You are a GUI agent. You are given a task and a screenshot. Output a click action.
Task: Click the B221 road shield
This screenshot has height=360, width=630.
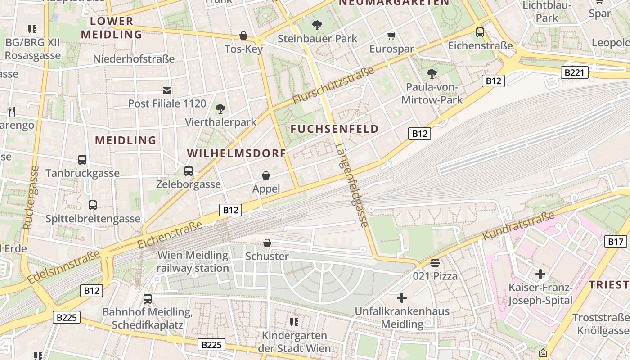pos(575,72)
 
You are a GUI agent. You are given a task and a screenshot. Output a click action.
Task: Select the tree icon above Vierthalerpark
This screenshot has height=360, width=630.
pos(220,108)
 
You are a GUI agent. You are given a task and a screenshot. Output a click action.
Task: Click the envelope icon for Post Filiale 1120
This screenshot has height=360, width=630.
pos(167,91)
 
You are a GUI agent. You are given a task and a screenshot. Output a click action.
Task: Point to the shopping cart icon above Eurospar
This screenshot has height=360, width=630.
pos(391,36)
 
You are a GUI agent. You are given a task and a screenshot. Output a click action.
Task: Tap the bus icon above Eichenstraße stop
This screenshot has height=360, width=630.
pos(480,32)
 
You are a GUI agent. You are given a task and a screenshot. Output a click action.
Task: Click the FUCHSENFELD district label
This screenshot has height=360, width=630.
pos(334,129)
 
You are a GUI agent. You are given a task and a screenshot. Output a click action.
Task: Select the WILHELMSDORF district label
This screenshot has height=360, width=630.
pos(237,153)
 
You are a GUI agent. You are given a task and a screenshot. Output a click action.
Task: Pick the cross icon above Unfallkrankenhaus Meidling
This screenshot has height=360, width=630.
pos(401,298)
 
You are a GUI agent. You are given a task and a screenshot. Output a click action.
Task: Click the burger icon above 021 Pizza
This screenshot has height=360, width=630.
pos(435,263)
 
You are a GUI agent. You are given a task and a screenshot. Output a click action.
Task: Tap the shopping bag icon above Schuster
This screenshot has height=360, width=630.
pos(267,243)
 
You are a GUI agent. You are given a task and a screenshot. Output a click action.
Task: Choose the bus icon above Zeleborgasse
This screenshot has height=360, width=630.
pos(189,171)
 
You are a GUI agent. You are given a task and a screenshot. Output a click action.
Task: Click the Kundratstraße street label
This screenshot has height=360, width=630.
pos(518,226)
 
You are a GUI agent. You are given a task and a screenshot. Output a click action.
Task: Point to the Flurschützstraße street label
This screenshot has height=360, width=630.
pos(333,85)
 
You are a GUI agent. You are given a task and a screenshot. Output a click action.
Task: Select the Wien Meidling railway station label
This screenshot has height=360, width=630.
pos(193,261)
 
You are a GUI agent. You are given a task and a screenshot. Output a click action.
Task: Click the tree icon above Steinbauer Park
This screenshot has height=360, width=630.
pos(317,25)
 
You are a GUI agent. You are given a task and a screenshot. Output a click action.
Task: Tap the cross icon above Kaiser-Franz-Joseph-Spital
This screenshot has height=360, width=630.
pos(540,274)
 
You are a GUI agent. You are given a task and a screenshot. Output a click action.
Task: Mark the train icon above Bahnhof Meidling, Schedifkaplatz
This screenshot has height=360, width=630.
pos(148,298)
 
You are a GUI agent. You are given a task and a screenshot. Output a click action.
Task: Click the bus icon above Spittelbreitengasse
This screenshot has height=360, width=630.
pos(93,205)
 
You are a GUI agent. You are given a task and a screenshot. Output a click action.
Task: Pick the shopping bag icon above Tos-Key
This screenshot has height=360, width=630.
pos(243,36)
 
